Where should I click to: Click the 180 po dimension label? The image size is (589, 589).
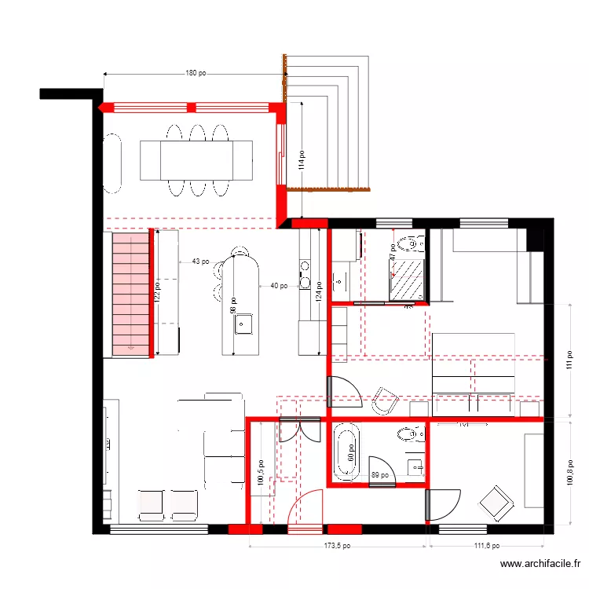pos(196,74)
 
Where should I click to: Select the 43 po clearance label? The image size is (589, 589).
pos(200,262)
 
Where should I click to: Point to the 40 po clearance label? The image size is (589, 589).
pos(278,286)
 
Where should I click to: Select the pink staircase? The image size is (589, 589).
pos(130,292)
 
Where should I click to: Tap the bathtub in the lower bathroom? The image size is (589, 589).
pos(345,452)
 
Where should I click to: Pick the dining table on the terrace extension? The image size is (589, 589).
pos(196,160)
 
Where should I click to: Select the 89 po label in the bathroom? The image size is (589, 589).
pos(380,475)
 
